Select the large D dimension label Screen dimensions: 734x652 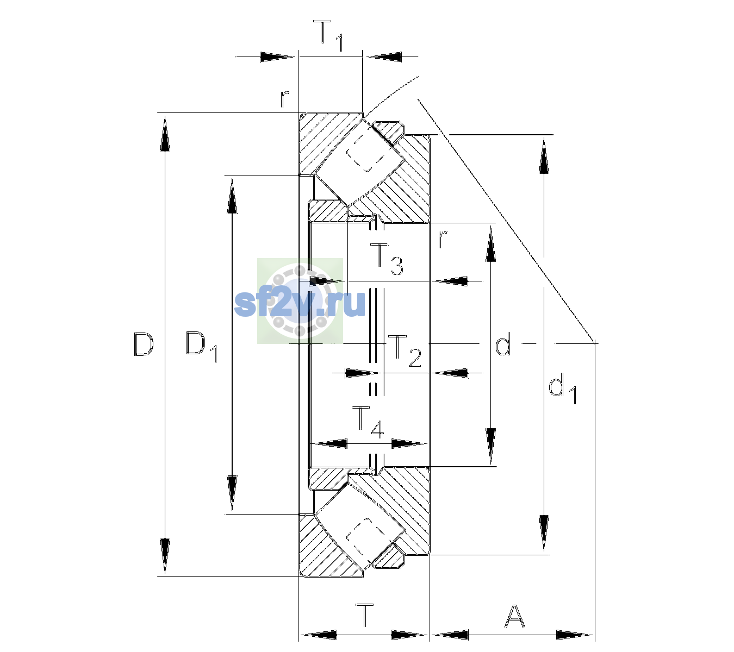tap(144, 344)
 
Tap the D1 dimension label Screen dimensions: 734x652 tap(201, 347)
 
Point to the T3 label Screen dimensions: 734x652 tap(387, 259)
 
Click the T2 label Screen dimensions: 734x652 tap(405, 351)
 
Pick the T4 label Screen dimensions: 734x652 tap(368, 423)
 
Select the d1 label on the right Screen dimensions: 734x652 tap(563, 390)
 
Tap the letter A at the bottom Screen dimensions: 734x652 tap(514, 616)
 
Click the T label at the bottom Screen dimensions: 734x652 tap(365, 615)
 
